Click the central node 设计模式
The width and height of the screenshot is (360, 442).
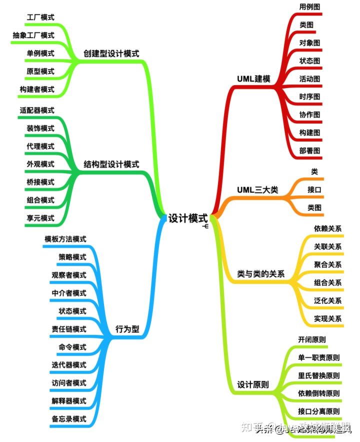[187, 219]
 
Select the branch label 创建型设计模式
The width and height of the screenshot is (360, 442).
[111, 54]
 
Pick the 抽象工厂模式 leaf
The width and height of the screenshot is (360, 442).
[33, 36]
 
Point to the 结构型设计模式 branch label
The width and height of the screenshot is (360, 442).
[111, 164]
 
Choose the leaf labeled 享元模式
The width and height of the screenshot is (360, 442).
[40, 218]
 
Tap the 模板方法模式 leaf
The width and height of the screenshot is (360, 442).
[65, 239]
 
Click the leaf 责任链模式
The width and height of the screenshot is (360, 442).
[69, 329]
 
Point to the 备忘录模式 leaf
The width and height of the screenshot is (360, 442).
[69, 419]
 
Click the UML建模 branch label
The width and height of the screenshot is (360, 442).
[253, 79]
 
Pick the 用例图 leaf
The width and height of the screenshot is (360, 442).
[310, 7]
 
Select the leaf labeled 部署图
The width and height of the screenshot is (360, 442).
[310, 151]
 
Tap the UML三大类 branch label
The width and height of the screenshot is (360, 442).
[257, 190]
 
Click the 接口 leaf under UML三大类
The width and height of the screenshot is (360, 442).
[314, 190]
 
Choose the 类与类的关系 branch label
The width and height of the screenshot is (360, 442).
[260, 274]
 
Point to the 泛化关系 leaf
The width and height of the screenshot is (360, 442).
[328, 301]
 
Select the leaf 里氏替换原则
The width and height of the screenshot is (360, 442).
[319, 375]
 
